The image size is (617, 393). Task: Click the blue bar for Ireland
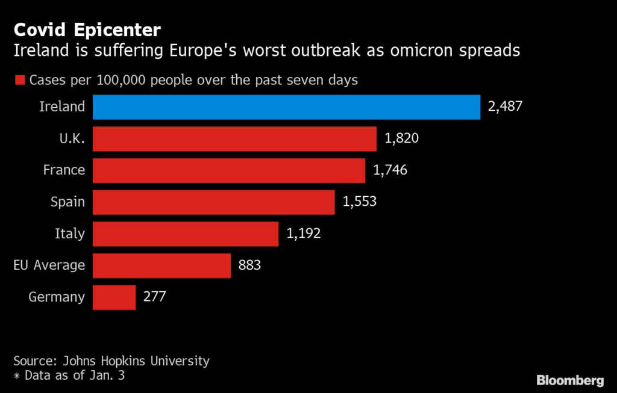286,107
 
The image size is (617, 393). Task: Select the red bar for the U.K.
235,138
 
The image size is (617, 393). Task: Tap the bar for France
229,170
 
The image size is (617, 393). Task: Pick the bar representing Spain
214,202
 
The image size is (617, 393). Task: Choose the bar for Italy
186,234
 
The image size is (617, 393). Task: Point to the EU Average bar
162,265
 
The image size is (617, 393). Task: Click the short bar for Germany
114,297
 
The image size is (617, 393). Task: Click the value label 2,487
505,107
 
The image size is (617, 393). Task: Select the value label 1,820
401,138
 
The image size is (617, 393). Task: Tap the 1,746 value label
390,170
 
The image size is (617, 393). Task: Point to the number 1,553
359,202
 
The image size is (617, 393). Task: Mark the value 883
249,265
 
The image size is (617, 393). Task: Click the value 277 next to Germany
154,297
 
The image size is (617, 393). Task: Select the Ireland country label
62,107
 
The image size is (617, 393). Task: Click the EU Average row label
49,265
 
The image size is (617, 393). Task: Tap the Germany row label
57,297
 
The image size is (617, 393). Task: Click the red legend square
19,81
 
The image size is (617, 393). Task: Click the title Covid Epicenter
87,29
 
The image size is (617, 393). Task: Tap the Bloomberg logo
570,380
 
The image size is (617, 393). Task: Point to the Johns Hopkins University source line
111,361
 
